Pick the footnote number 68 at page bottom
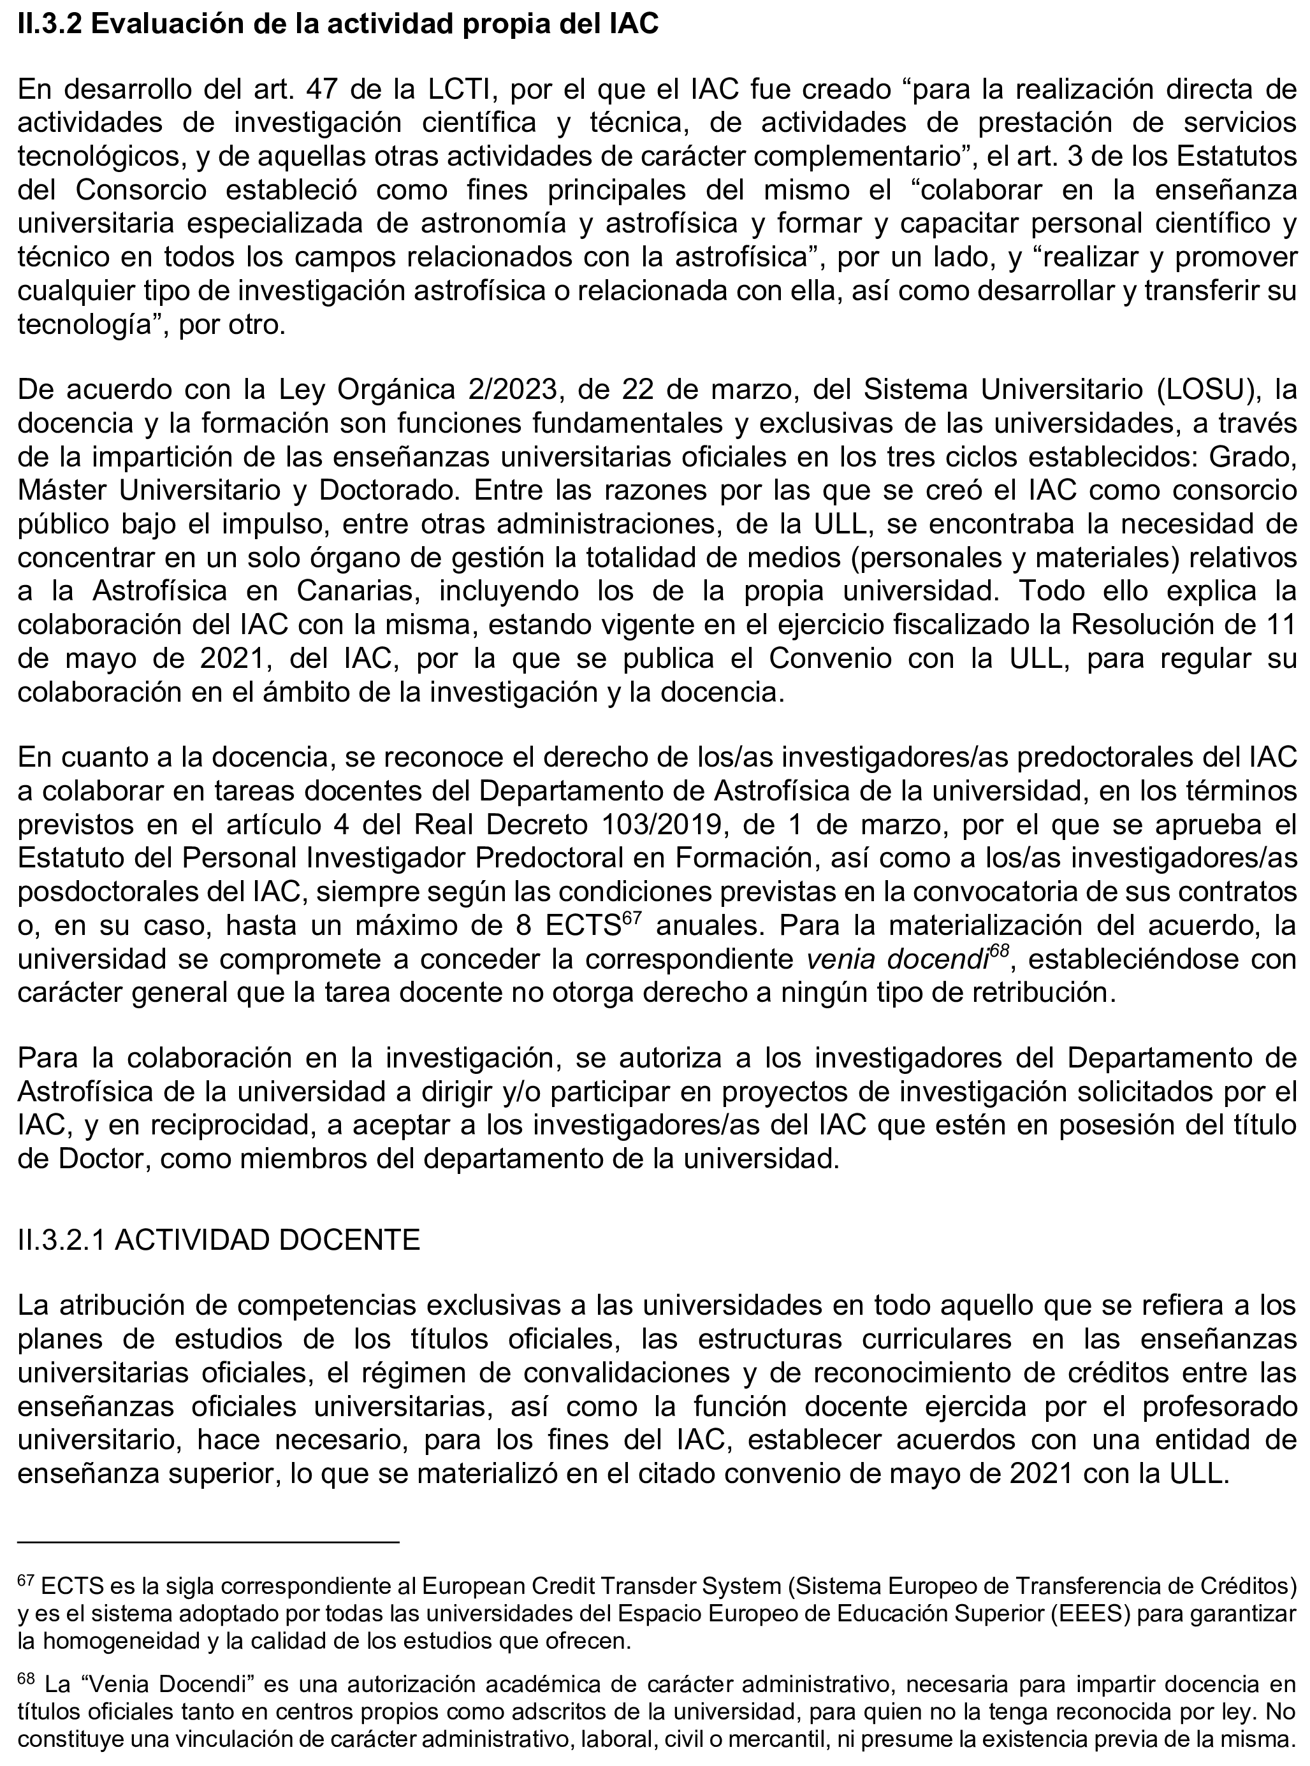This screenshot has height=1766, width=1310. coord(25,1677)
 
